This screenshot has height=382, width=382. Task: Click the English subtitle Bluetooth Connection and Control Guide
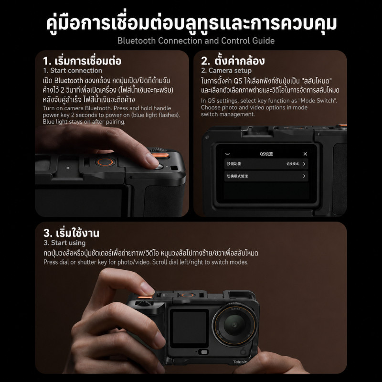click(196, 41)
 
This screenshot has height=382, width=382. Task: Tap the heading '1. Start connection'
click(73, 71)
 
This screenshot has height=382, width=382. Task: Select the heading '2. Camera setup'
click(226, 71)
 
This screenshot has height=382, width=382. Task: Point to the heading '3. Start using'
click(64, 243)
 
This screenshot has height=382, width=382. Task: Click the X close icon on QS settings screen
click(305, 154)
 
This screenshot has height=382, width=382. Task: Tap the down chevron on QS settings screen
click(228, 154)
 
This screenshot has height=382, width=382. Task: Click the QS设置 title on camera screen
click(266, 154)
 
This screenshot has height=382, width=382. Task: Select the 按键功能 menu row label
click(234, 164)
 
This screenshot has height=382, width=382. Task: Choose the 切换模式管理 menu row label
click(237, 176)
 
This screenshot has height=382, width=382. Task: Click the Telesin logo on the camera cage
click(240, 362)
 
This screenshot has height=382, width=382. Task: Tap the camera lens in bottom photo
click(234, 325)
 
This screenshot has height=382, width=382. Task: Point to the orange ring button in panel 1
click(105, 162)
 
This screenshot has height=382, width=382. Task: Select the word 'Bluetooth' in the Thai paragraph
click(69, 81)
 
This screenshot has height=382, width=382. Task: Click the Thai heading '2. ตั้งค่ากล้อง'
click(233, 61)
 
